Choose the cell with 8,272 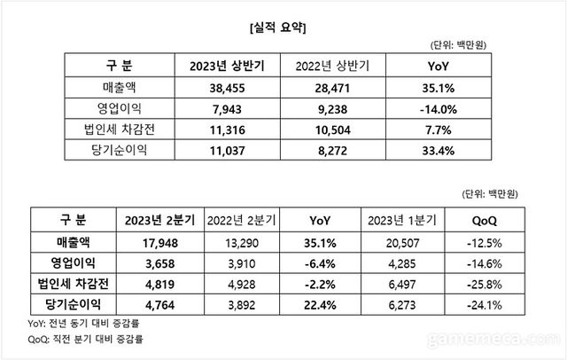(x=329, y=151)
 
